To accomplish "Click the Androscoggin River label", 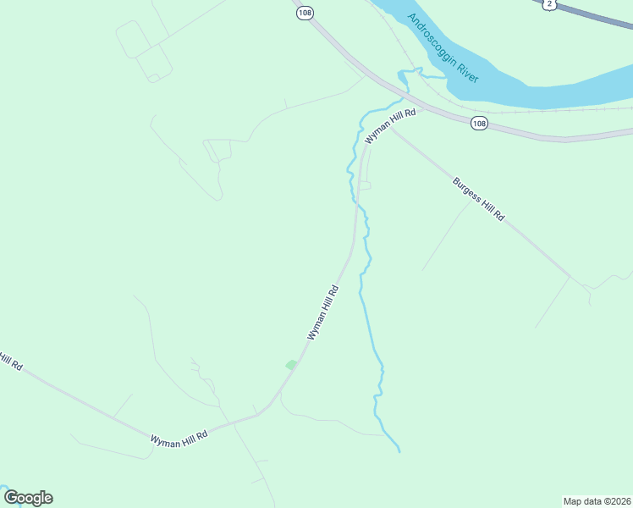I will (443, 48).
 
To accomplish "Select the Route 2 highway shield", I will (550, 4).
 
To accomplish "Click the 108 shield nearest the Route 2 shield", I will (304, 14).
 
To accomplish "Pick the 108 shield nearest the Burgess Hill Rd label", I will (480, 124).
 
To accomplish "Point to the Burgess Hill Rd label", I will (478, 199).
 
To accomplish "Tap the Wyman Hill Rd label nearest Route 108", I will (390, 126).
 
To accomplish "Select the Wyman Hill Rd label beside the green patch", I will (322, 313).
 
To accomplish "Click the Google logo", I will (28, 498).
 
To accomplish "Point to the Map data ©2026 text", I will (597, 500).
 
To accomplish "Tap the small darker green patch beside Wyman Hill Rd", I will (291, 365).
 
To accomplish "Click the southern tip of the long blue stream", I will (399, 451).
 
